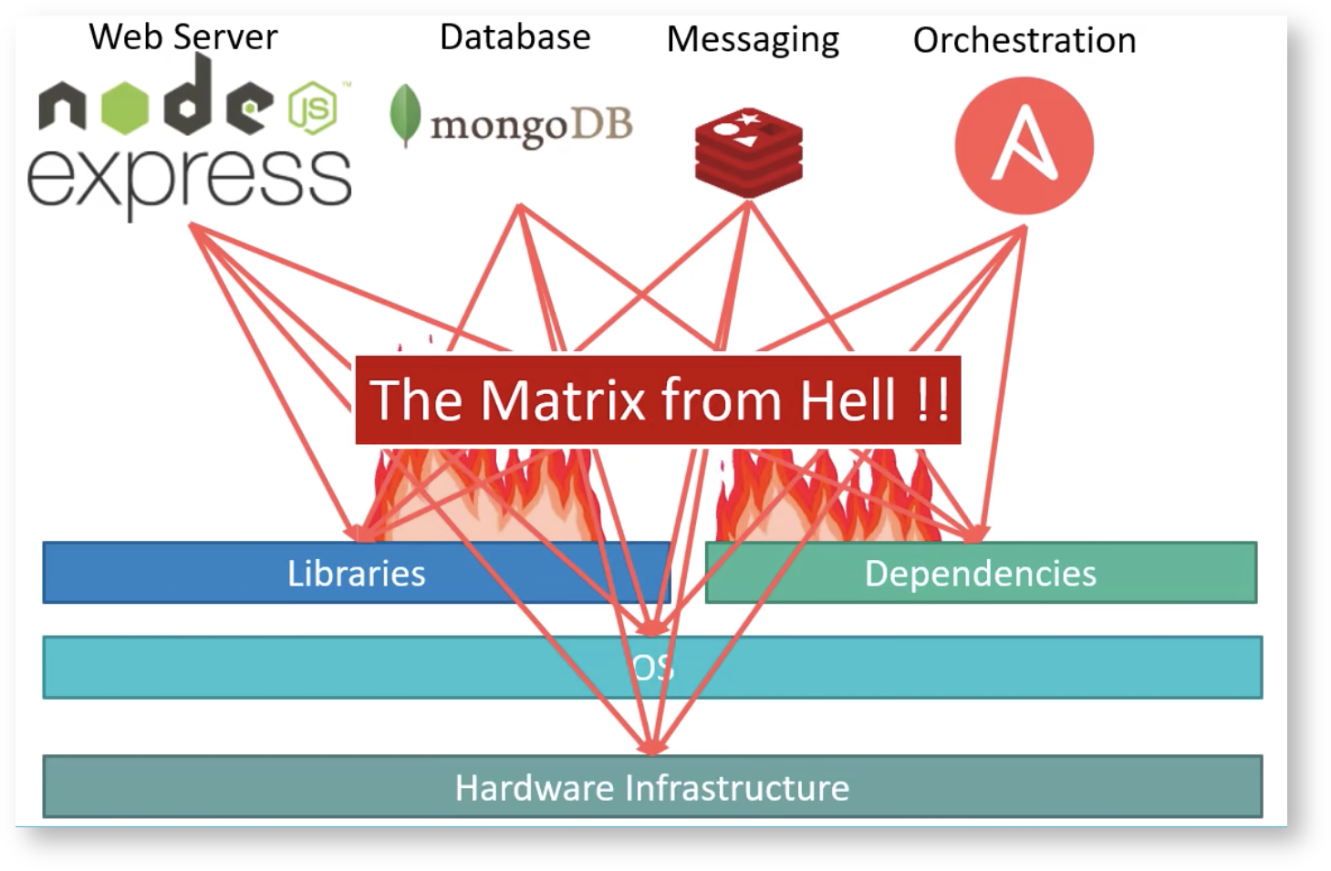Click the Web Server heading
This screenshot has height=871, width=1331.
(182, 37)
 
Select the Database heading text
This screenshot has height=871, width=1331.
(515, 37)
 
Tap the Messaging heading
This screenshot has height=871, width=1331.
(753, 40)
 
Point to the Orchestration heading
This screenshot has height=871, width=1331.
(1024, 40)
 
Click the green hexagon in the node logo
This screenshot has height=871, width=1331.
(124, 106)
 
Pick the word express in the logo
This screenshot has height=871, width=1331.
(189, 179)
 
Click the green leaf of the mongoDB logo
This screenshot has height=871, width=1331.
(404, 115)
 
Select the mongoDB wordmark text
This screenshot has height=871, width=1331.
(531, 126)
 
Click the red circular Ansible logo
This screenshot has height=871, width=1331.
(1024, 145)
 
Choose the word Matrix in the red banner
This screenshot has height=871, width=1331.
(562, 400)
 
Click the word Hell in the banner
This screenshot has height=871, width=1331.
(847, 400)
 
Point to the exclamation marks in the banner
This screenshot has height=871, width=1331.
(932, 400)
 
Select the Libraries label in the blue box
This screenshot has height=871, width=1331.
(356, 574)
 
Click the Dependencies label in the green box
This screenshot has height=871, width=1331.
(980, 574)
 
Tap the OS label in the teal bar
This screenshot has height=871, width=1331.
(652, 668)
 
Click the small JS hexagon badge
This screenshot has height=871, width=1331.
(313, 109)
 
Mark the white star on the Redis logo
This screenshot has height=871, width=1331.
(749, 119)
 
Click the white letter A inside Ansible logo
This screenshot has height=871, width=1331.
(1024, 144)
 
